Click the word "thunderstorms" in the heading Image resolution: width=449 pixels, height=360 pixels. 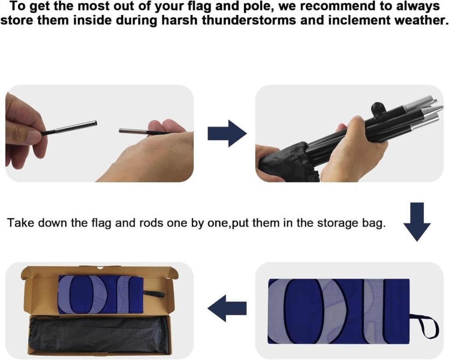[249, 20]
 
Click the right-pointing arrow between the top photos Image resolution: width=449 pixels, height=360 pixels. [227, 133]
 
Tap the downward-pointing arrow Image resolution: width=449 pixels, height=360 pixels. [417, 222]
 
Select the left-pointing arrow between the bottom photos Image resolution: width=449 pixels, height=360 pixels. [227, 308]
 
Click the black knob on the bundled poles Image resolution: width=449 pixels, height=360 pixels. [377, 108]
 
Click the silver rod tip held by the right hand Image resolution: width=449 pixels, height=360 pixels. [133, 131]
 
